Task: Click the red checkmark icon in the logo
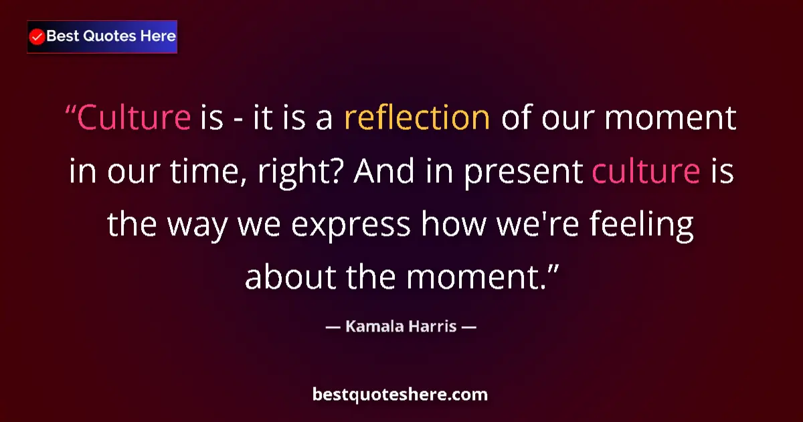37,37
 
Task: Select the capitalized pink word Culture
134,118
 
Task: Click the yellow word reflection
417,118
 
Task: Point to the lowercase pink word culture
646,173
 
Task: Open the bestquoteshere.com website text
400,395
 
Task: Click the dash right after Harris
468,328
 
